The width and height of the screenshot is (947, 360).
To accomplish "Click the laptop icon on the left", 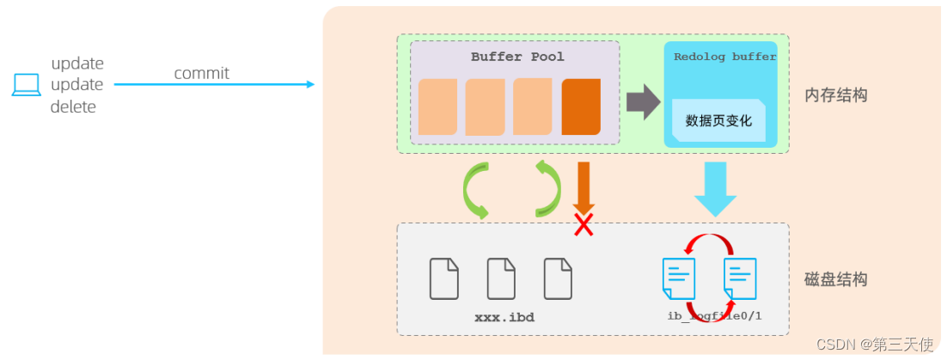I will [x=26, y=85].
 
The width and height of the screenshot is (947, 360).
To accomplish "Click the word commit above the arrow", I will [x=201, y=73].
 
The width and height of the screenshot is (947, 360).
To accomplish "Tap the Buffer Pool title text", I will [x=517, y=57].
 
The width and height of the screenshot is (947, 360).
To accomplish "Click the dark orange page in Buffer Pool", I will [x=581, y=107].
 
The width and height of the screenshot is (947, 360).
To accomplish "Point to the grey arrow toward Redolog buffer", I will [x=641, y=102].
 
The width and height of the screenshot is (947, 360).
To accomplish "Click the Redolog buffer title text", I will [x=724, y=57].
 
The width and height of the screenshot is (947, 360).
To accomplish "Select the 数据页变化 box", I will [x=718, y=120].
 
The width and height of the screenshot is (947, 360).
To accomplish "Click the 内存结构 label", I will [x=835, y=95].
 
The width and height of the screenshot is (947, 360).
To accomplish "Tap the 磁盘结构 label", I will [x=835, y=279].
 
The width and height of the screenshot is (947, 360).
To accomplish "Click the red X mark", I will [x=584, y=225].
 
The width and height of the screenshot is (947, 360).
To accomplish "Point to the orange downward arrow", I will [x=583, y=184].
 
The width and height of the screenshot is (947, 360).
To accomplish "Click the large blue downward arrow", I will [x=715, y=188].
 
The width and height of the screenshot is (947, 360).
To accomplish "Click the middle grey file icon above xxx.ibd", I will [x=501, y=278].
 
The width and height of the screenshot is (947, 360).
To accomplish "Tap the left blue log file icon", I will [x=678, y=278].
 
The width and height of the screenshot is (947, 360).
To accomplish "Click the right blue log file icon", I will [x=740, y=278].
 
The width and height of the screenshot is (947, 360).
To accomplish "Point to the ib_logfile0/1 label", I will [x=714, y=316].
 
